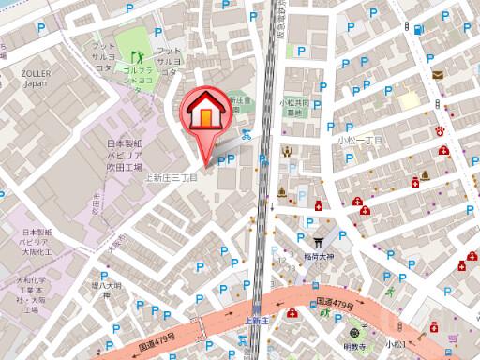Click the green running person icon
click(x=325, y=315)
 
